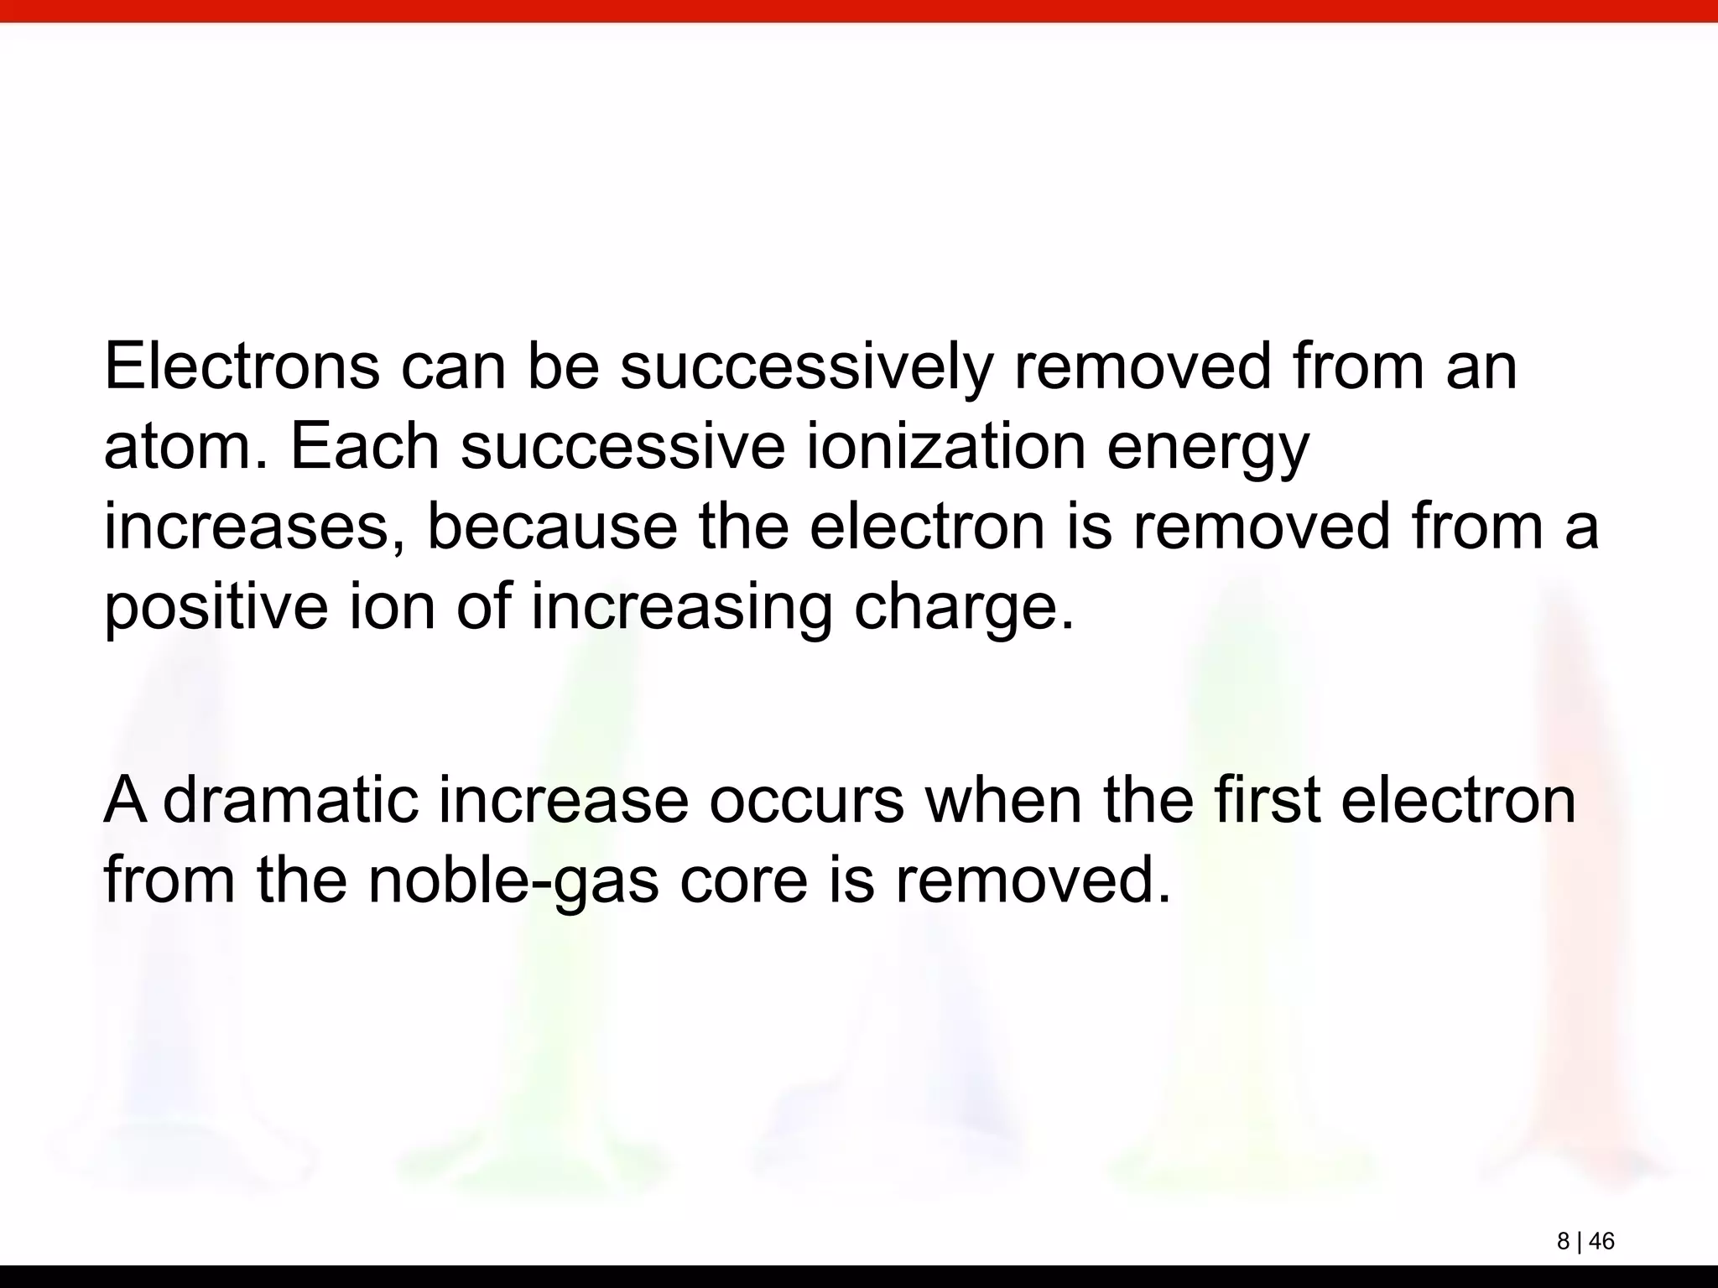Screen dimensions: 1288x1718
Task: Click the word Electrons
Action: tap(242, 366)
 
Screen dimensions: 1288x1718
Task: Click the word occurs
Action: tap(806, 801)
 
